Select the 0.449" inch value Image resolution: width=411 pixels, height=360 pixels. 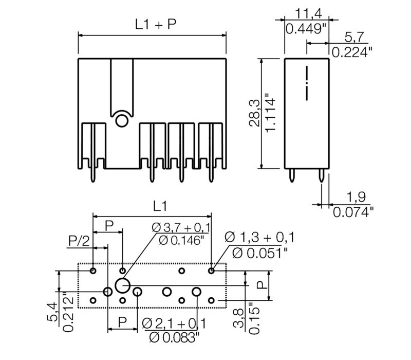tap(306, 29)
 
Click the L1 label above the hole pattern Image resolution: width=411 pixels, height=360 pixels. tap(160, 206)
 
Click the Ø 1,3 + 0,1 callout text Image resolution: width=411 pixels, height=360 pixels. tap(259, 237)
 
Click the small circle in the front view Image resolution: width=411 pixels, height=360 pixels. tap(122, 121)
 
